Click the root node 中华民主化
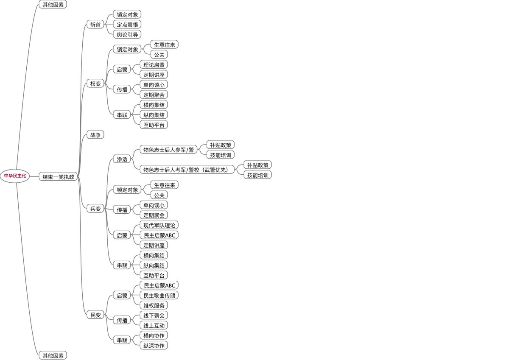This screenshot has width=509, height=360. [x=15, y=176]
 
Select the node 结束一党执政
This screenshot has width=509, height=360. [x=59, y=177]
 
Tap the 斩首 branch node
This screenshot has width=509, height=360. [x=95, y=25]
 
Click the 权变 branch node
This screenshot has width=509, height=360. [x=95, y=84]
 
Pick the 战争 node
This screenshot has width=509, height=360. [x=95, y=135]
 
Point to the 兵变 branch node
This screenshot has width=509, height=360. [x=95, y=209]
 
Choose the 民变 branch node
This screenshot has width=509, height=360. [x=95, y=315]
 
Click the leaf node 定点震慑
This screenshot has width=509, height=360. [x=127, y=25]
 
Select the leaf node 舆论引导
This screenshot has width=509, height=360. [x=127, y=34]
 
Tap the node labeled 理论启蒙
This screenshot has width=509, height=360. [x=154, y=65]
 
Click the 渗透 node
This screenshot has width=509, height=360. [x=122, y=159]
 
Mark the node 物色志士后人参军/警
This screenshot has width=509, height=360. [x=169, y=150]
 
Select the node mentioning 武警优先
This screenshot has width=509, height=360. [x=187, y=170]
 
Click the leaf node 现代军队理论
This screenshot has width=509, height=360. [x=159, y=225]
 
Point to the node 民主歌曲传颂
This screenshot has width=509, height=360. [x=159, y=295]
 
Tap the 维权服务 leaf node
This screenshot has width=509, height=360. [x=154, y=305]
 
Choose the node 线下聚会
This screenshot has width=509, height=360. [x=154, y=315]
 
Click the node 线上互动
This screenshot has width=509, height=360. [x=154, y=326]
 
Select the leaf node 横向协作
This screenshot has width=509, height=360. [x=154, y=335]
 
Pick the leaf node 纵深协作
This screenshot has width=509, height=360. [x=154, y=346]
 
